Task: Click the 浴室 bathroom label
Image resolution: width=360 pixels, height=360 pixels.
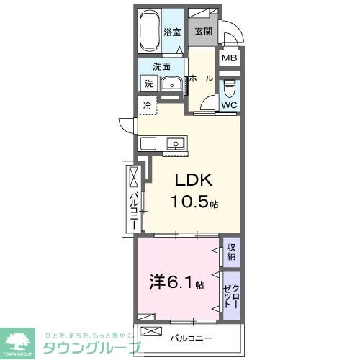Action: click(x=171, y=32)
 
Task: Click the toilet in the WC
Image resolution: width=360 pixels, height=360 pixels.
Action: click(x=229, y=89)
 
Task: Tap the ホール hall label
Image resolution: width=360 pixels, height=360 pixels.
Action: click(x=202, y=78)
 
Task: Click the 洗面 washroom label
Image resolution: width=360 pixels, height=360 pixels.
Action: click(x=161, y=66)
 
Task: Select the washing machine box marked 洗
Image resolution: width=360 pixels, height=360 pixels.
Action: click(x=148, y=84)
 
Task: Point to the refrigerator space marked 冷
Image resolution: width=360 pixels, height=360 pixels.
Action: click(x=147, y=106)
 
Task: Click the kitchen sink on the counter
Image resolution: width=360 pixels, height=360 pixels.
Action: click(x=175, y=143)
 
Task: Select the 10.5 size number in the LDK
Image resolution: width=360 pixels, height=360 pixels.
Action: click(x=189, y=203)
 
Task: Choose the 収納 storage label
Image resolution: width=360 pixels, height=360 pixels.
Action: click(x=231, y=251)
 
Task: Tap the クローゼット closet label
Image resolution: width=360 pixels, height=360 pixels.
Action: click(x=231, y=293)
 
